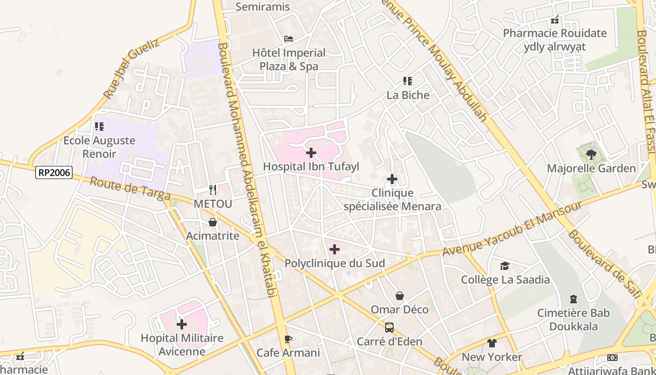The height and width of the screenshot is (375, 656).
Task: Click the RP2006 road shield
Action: coord(54,172)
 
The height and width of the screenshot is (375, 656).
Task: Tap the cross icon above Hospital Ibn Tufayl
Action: coord(311,153)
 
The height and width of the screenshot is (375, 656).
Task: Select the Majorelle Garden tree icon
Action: coord(591,154)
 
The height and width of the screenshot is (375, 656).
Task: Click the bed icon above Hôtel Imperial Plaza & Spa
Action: coord(289,39)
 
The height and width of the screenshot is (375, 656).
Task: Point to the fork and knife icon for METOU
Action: coord(213,189)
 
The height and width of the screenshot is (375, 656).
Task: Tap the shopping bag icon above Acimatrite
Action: coord(213,222)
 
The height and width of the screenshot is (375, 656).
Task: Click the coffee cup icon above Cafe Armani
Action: coord(288,339)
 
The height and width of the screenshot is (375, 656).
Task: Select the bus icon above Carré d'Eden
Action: coord(389,327)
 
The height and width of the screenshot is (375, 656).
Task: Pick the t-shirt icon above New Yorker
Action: coord(492,343)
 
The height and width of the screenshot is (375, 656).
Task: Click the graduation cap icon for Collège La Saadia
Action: coord(505,266)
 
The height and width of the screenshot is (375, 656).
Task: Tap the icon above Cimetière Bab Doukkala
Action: coord(573,299)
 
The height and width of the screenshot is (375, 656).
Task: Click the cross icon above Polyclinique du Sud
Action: coord(335,249)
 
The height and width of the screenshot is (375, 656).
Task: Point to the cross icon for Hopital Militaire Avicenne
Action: coord(182,324)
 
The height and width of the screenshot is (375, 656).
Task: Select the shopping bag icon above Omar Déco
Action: coord(400,296)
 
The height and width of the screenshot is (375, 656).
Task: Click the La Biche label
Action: coord(408,95)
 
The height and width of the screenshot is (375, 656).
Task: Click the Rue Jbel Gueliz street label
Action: coord(131,69)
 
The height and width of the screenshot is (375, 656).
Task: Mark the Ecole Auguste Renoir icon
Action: coord(99,127)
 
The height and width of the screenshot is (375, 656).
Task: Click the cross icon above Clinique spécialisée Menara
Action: coord(392,179)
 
